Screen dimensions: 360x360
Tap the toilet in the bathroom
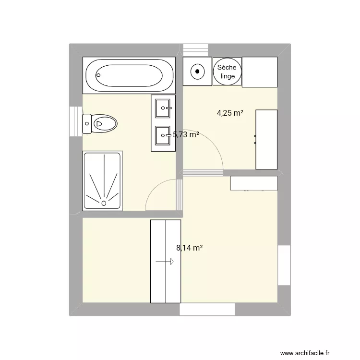tap(101, 123)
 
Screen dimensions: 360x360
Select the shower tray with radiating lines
tap(103, 180)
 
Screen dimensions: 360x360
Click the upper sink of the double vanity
tap(163, 106)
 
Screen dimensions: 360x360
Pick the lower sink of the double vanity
tap(163, 136)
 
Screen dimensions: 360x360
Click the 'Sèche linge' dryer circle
tap(227, 72)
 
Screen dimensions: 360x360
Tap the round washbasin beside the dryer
tap(197, 71)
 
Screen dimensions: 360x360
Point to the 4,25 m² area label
tap(230, 113)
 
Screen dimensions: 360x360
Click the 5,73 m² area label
tap(186, 135)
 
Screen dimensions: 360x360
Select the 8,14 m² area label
tap(189, 248)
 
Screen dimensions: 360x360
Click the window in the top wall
tap(196, 49)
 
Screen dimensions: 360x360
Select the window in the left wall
tap(76, 121)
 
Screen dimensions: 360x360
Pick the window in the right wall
tap(284, 265)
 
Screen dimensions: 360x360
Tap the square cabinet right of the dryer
tap(260, 72)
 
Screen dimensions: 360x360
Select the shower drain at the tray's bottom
tap(104, 203)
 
